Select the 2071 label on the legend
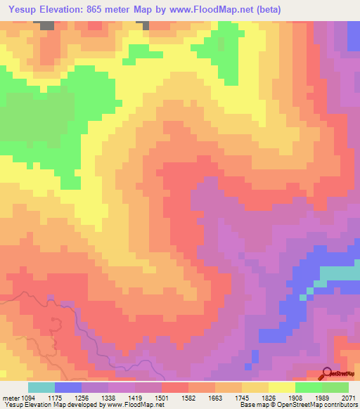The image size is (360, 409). (x=349, y=397)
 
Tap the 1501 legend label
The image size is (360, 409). (x=162, y=397)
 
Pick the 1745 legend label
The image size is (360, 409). (x=243, y=397)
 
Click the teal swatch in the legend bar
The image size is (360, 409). (x=41, y=387)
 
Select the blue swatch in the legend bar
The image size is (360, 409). (x=67, y=387)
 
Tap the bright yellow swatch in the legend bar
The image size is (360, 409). (x=281, y=387)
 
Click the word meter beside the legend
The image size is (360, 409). (x=10, y=397)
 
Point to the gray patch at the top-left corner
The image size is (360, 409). (x=46, y=25)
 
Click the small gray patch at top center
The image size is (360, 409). (x=147, y=25)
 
